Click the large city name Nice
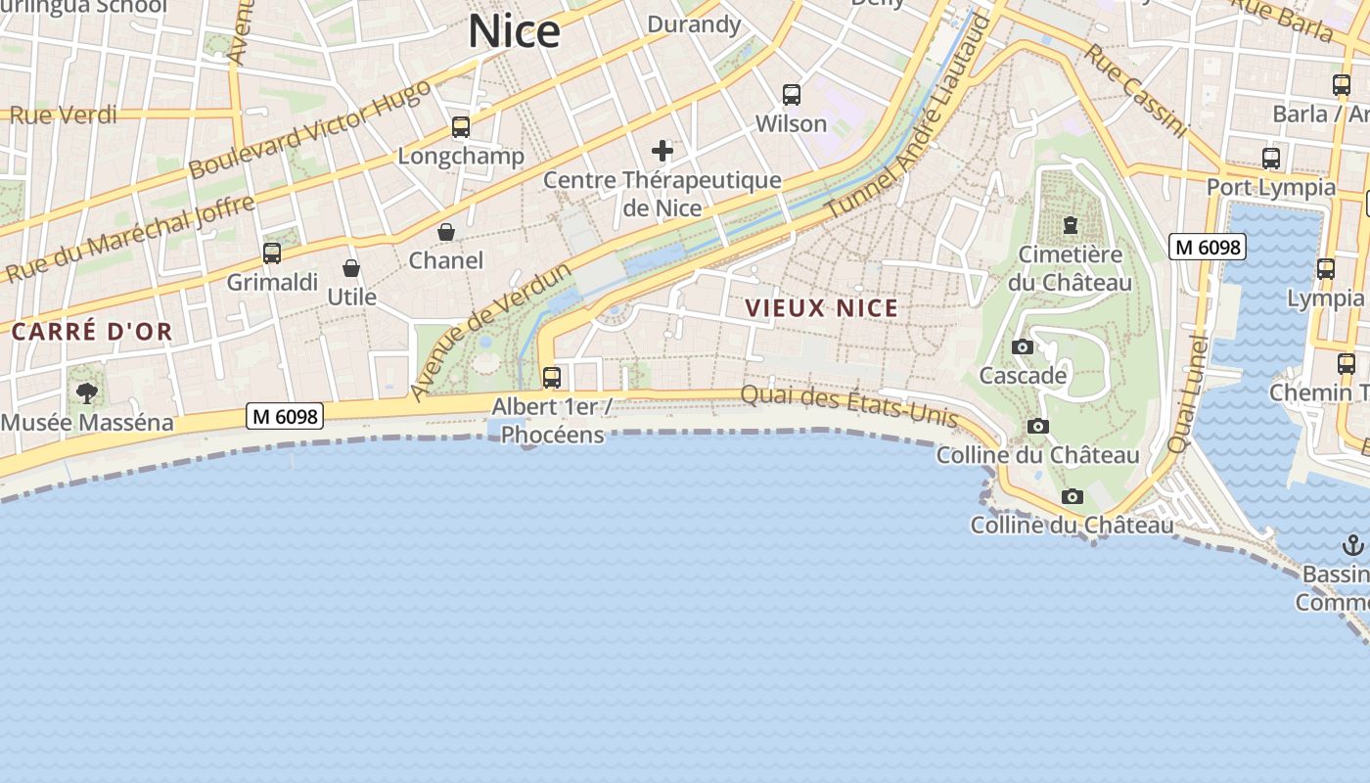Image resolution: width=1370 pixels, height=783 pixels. (514, 31)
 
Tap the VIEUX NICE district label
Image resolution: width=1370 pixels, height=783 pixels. (821, 308)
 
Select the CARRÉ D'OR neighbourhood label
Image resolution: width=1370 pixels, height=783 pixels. (92, 332)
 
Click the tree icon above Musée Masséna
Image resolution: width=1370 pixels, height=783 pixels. (87, 393)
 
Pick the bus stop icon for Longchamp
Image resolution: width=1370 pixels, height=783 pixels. (460, 127)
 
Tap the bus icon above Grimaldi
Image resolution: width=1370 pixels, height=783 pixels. (272, 253)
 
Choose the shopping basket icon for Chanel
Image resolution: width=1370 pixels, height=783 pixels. (446, 232)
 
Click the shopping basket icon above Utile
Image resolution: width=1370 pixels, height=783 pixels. (351, 268)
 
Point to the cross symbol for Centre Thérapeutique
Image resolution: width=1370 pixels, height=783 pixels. (662, 151)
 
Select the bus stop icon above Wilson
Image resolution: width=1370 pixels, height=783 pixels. (792, 95)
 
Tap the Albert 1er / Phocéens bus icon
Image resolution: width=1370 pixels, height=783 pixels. (552, 377)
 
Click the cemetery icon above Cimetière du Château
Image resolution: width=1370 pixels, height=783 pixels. (1070, 226)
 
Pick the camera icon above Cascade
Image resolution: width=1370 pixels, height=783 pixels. (1023, 346)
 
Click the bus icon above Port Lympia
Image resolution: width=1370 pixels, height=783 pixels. (1271, 158)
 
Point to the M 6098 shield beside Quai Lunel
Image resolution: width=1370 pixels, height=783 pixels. (1209, 248)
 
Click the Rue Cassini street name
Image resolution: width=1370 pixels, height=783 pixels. (1135, 90)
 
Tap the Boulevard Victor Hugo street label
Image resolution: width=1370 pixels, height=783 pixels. (308, 128)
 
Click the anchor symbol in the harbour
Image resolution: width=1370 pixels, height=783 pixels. (1352, 544)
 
